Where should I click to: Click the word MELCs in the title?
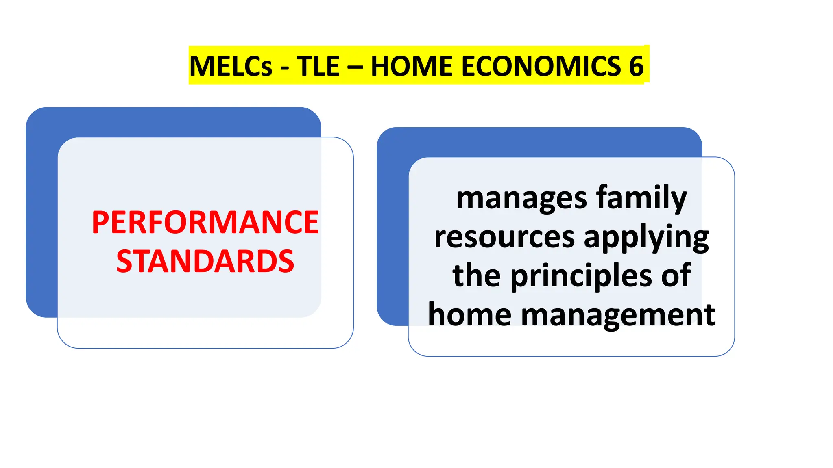click(x=231, y=66)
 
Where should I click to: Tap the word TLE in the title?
click(x=318, y=66)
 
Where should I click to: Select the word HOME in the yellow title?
click(x=412, y=66)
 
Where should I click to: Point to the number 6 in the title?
click(x=636, y=66)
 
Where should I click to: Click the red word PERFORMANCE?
click(x=205, y=223)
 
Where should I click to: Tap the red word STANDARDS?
click(x=205, y=261)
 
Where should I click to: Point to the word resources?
click(x=504, y=237)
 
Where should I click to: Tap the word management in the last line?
click(x=618, y=315)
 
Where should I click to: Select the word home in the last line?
click(x=470, y=315)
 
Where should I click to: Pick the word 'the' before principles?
click(x=476, y=275)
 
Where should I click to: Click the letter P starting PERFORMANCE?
click(x=100, y=223)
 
